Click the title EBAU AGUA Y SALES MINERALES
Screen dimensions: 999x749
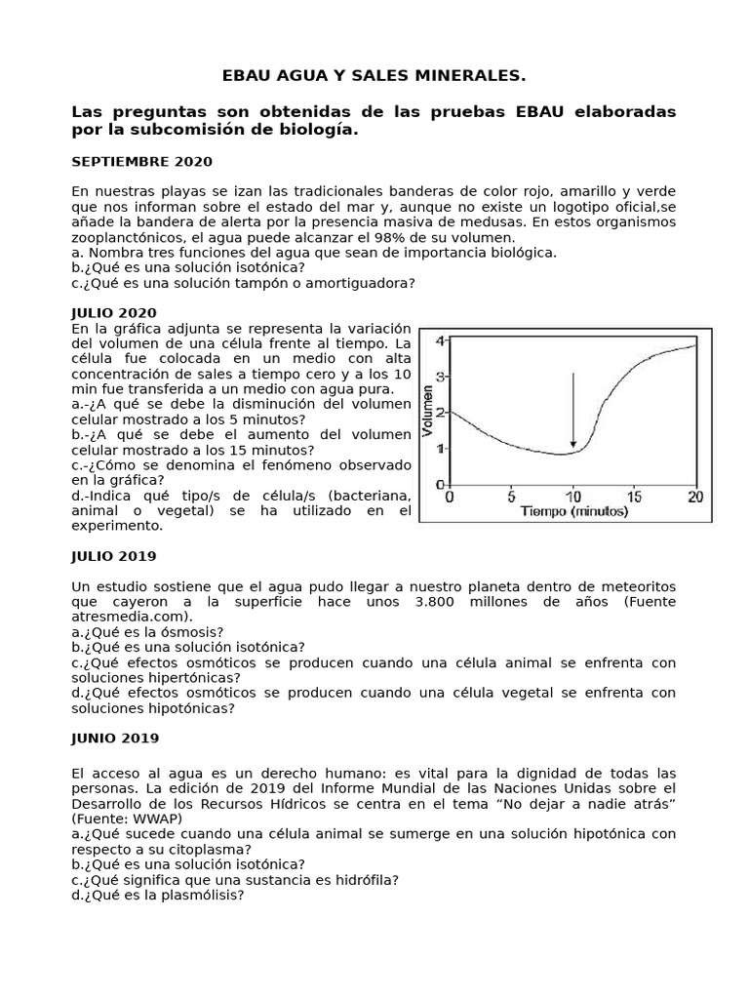point(374,76)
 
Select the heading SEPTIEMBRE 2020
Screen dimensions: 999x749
point(141,161)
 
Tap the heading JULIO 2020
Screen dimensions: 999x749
point(114,312)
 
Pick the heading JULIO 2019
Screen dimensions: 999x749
point(114,555)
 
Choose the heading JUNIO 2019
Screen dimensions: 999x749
point(115,738)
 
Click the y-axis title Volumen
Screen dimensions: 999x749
point(428,411)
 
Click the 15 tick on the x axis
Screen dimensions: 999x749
point(634,496)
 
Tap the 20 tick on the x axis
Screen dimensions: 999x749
point(694,496)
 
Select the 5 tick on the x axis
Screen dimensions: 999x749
point(512,496)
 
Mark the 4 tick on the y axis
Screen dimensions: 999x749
point(440,340)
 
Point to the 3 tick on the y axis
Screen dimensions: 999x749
point(440,377)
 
